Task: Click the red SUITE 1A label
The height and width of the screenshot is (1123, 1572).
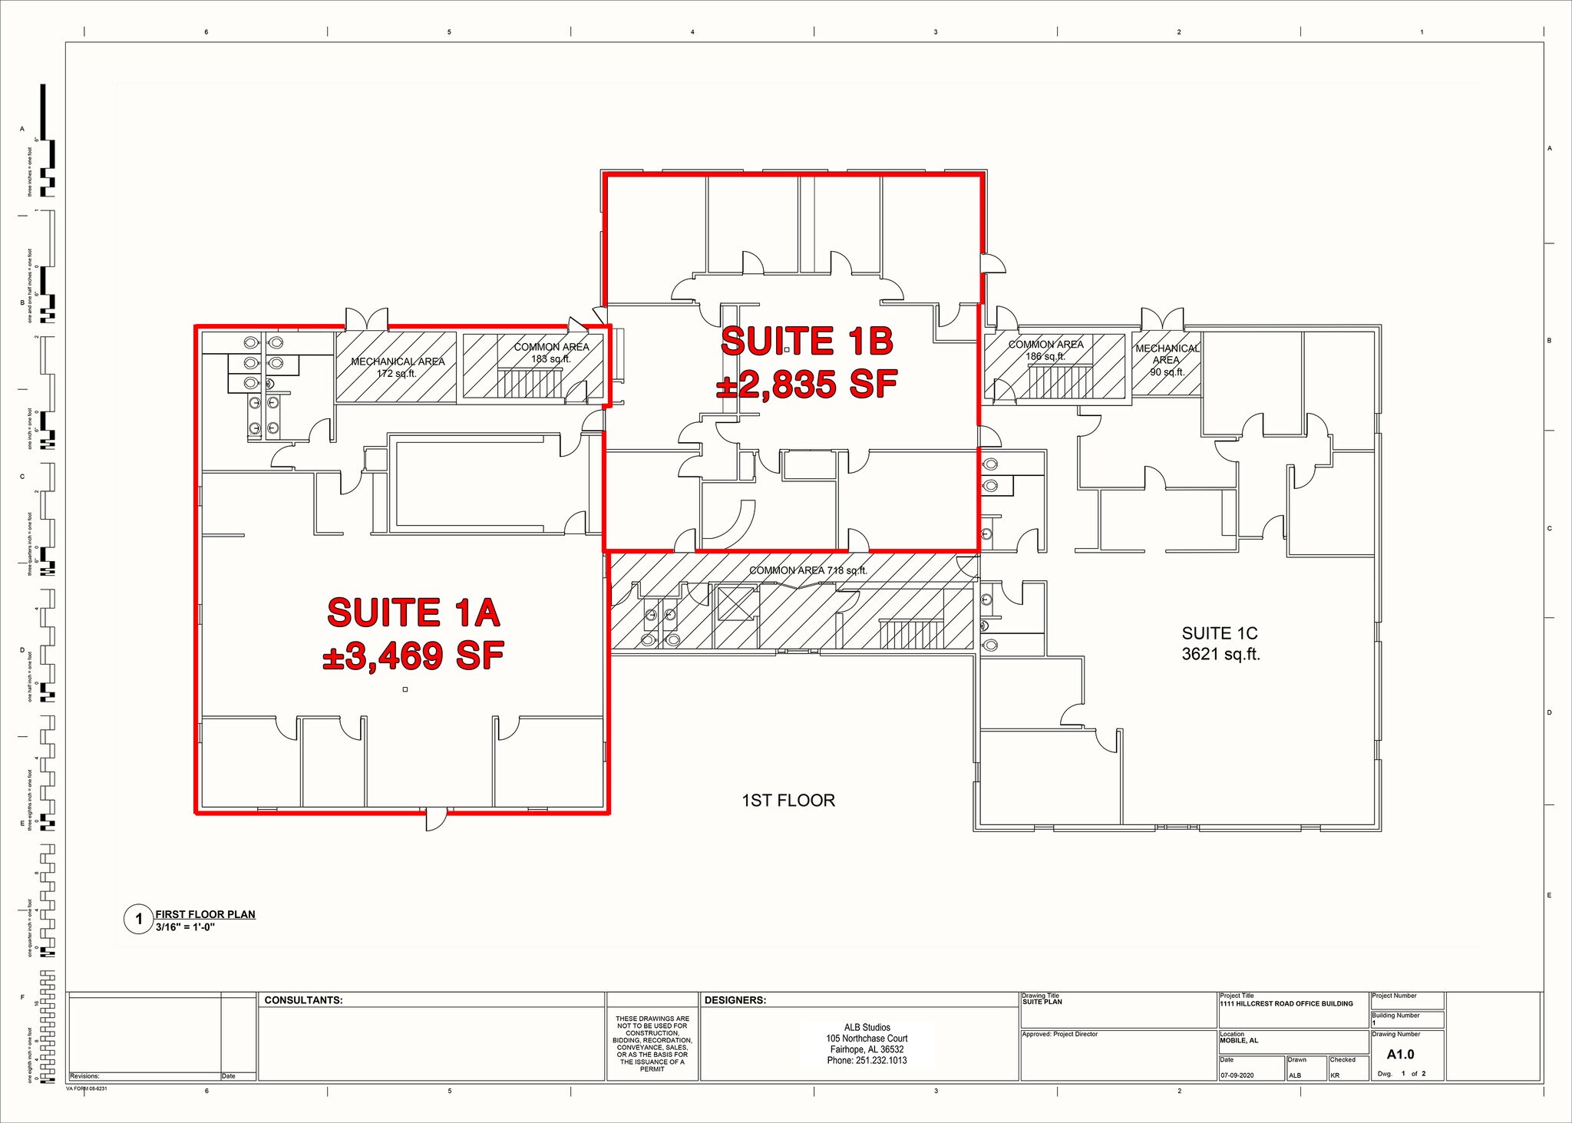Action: pyautogui.click(x=414, y=613)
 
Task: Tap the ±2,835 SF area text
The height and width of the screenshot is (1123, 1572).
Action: pyautogui.click(x=807, y=385)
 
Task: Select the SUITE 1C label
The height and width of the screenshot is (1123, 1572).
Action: pyautogui.click(x=1220, y=633)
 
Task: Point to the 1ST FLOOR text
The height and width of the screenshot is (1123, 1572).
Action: pyautogui.click(x=788, y=801)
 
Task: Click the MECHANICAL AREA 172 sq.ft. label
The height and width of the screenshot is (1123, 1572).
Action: pyautogui.click(x=398, y=367)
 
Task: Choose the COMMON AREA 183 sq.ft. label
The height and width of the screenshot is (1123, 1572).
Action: pyautogui.click(x=551, y=352)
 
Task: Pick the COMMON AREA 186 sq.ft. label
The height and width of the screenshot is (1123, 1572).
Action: pyautogui.click(x=1045, y=350)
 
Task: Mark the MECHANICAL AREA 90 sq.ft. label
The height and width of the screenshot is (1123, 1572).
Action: pyautogui.click(x=1167, y=360)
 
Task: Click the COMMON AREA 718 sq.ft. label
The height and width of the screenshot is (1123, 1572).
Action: pyautogui.click(x=807, y=570)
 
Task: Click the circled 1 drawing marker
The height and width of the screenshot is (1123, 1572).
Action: pyautogui.click(x=139, y=919)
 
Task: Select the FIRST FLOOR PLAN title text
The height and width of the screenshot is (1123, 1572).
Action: pyautogui.click(x=205, y=914)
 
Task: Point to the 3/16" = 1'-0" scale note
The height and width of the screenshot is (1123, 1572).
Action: pyautogui.click(x=185, y=926)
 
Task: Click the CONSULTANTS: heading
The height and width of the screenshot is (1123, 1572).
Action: pyautogui.click(x=303, y=1000)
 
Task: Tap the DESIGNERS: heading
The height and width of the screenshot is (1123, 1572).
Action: pyautogui.click(x=735, y=1000)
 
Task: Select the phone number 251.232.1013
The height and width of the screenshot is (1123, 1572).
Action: pyautogui.click(x=867, y=1060)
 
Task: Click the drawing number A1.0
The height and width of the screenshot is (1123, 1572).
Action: pyautogui.click(x=1400, y=1055)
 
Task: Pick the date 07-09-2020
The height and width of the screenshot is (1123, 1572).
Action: pyautogui.click(x=1237, y=1075)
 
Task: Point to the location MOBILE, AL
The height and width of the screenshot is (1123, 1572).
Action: pyautogui.click(x=1239, y=1041)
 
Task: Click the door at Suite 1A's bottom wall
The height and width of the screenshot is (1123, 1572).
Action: pyautogui.click(x=435, y=818)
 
